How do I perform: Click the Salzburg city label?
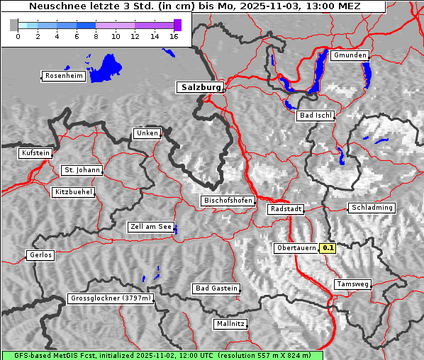pos(200,87)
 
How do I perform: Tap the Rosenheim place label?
pos(63,76)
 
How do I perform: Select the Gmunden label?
pos(350,55)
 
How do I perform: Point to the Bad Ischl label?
pos(316,116)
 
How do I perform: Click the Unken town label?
pos(146,133)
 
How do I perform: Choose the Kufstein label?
pos(35,153)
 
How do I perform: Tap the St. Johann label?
pos(82,170)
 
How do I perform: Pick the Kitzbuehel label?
pos(73,192)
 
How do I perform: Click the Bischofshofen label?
pos(228,201)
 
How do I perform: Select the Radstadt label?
pos(286,209)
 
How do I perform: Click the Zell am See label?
pos(151,227)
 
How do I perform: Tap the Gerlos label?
pos(40,255)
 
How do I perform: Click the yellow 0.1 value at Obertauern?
pos(328,248)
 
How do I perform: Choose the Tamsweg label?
pos(352,284)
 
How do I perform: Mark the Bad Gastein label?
pos(216,288)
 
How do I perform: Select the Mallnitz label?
pos(230,324)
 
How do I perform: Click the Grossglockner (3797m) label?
pos(111,299)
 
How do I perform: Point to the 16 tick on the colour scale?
pos(174,36)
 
